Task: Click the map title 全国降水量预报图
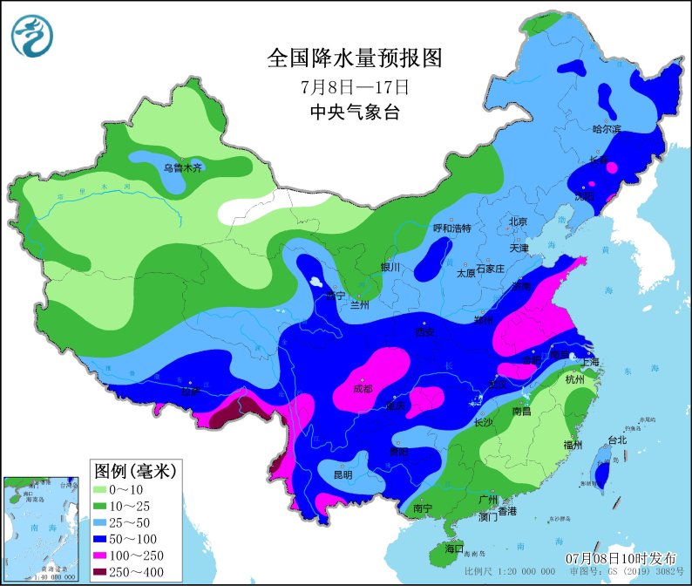coord(355,58)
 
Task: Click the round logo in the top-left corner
coord(32,36)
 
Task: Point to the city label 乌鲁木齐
coord(183,167)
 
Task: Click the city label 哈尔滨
coord(607,129)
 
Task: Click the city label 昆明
coord(342,475)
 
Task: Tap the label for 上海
coord(590,362)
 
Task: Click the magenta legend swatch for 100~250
coord(109,555)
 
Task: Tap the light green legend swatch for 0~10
coord(109,490)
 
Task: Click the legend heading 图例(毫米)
coord(135,471)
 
